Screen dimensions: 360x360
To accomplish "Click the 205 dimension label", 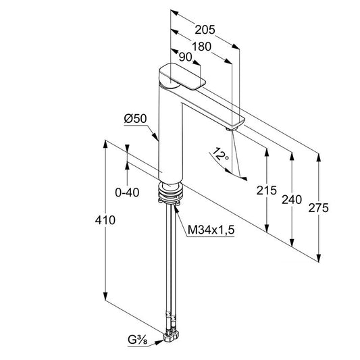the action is point(205,30).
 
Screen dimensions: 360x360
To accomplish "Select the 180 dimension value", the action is point(201,47).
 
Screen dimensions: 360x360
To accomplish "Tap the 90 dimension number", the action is point(185,57).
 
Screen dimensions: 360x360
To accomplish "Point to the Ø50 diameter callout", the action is point(135,119).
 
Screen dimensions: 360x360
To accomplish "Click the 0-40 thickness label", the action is point(127,192).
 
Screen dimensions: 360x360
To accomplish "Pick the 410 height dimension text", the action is point(105,220).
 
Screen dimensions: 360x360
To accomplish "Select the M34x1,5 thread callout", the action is point(211,230).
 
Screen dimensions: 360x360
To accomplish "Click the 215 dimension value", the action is point(266,190).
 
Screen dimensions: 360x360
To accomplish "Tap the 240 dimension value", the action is point(292,199).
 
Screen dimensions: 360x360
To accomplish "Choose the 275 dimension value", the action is point(318,208).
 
